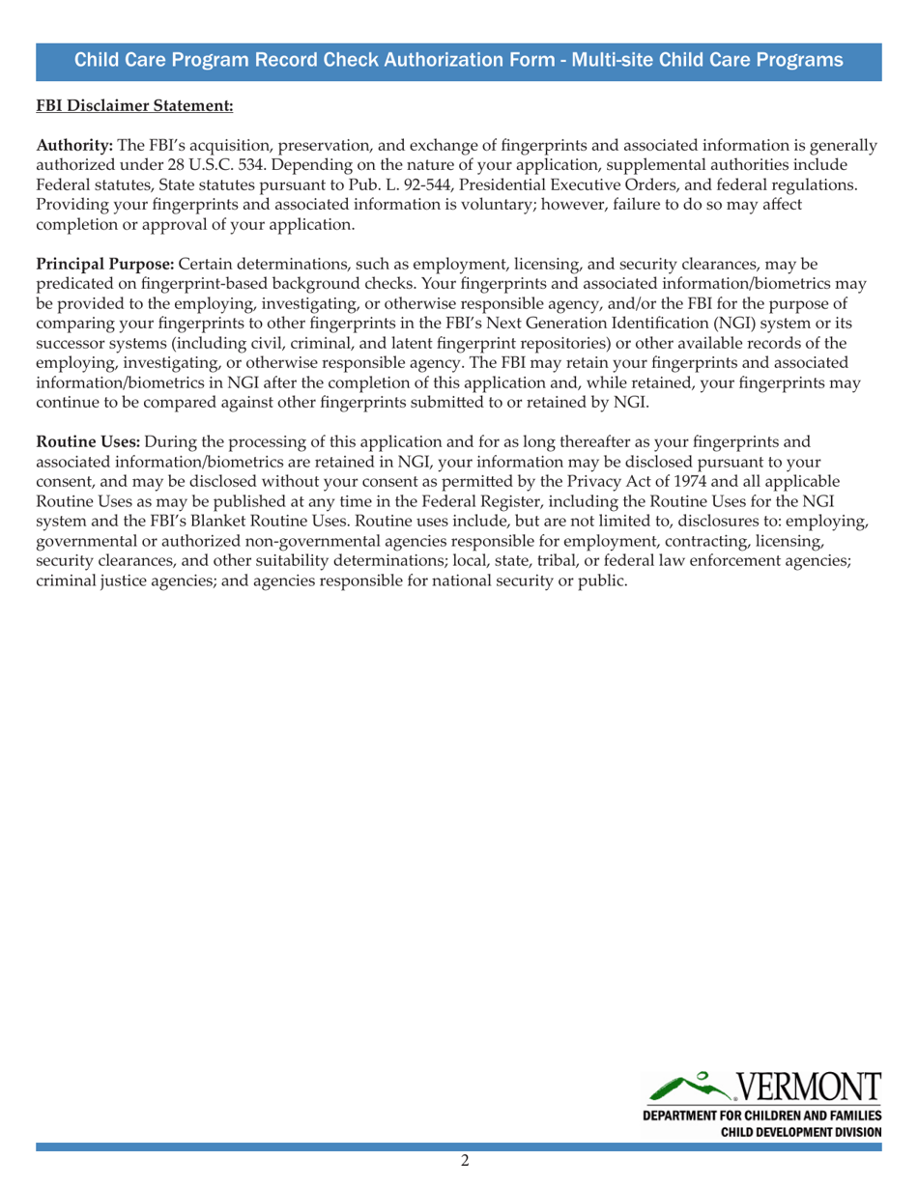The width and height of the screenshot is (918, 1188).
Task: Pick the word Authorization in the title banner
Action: pyautogui.click(x=411, y=60)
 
